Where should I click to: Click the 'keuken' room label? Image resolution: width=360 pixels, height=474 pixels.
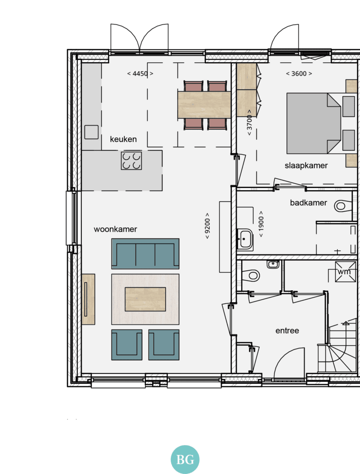[124, 139]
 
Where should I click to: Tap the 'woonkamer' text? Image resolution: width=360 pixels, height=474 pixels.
[116, 229]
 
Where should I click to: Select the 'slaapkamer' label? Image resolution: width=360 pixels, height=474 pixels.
[306, 166]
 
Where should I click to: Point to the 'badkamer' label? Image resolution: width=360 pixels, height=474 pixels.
[309, 203]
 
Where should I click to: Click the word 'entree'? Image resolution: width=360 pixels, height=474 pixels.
[287, 331]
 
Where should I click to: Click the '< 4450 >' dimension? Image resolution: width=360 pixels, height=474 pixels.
[140, 74]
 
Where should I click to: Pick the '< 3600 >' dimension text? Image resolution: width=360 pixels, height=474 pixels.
[299, 74]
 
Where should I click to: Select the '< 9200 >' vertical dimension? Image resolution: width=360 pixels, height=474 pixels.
[207, 226]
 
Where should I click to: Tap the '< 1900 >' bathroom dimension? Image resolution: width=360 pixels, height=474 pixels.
[261, 224]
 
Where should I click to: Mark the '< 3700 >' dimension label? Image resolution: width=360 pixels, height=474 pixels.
[249, 123]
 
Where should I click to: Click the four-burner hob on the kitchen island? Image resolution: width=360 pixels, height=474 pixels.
[131, 161]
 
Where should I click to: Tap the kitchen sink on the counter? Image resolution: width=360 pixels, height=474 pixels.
[91, 132]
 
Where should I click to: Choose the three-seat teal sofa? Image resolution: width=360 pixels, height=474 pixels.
[145, 254]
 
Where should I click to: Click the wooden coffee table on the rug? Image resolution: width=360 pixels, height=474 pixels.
[145, 299]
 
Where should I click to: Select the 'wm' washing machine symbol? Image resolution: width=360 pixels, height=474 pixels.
[345, 272]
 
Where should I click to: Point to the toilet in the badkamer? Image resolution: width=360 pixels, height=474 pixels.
[343, 206]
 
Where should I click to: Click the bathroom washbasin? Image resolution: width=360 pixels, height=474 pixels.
[245, 239]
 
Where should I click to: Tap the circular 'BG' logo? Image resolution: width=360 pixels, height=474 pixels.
[185, 460]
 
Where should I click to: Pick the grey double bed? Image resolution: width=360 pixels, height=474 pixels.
[314, 123]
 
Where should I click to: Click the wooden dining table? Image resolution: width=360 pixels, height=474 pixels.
[205, 105]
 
